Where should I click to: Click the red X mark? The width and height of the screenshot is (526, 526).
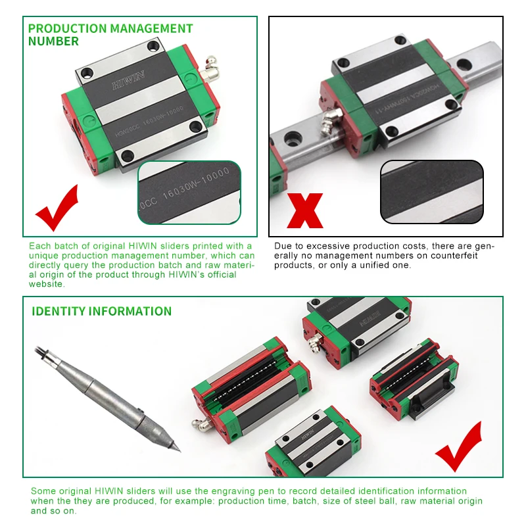(x=305, y=210)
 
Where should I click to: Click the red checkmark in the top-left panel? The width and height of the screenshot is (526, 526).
(x=57, y=206)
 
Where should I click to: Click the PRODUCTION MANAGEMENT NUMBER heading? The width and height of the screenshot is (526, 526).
(x=110, y=35)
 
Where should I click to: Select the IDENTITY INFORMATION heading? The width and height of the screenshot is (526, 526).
(x=101, y=311)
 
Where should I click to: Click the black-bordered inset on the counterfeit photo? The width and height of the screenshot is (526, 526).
(x=431, y=191)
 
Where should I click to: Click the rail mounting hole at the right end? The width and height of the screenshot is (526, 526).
(x=464, y=64)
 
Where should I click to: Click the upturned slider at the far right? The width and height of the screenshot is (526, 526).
(x=415, y=381)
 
